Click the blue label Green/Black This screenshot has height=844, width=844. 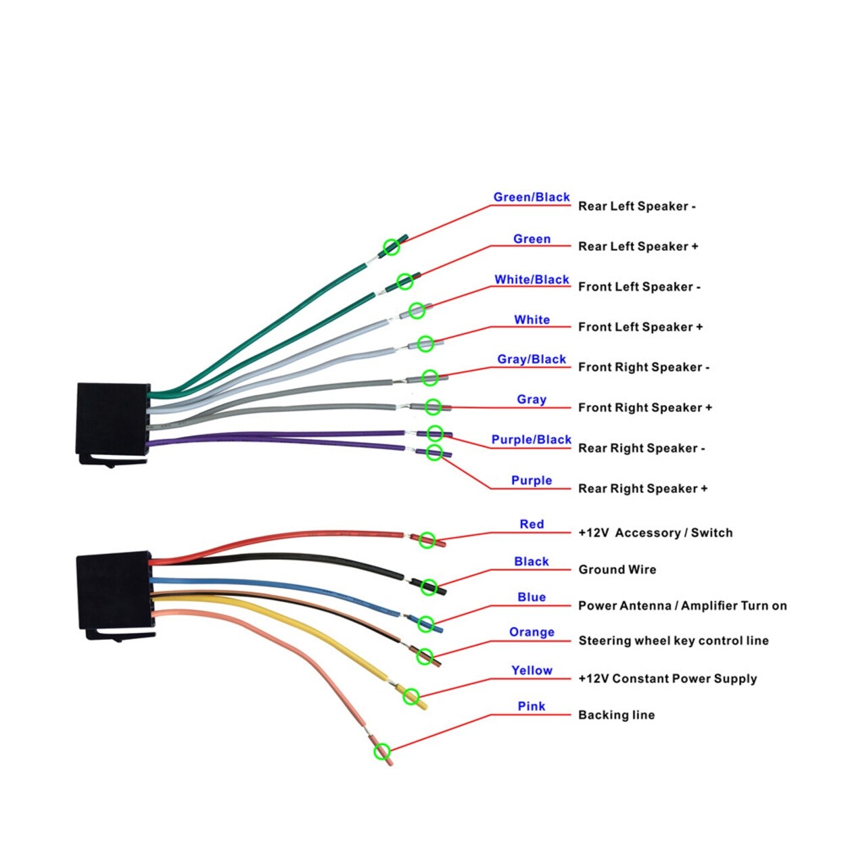click(x=532, y=197)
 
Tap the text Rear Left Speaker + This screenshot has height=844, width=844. click(x=638, y=246)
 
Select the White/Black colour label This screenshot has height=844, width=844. click(x=532, y=279)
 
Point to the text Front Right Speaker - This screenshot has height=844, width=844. click(x=643, y=367)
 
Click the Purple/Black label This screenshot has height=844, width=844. click(x=532, y=440)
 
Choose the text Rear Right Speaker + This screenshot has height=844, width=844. click(x=642, y=488)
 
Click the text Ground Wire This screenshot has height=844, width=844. click(x=617, y=569)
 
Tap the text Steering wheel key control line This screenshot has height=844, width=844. click(x=673, y=640)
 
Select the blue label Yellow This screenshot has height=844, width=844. click(x=532, y=671)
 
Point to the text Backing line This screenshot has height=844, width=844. click(x=616, y=715)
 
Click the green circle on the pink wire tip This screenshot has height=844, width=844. click(x=382, y=751)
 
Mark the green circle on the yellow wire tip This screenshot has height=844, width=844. click(x=411, y=697)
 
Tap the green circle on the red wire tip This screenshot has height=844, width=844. click(x=427, y=540)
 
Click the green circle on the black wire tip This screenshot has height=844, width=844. click(x=429, y=587)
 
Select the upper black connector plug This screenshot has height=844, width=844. click(x=113, y=424)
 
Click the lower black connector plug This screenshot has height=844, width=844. click(x=115, y=596)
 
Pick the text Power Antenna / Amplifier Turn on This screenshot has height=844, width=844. click(x=682, y=606)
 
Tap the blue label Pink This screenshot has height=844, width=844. click(x=532, y=706)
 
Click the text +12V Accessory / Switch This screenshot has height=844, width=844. click(x=655, y=533)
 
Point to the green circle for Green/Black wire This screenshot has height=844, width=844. click(x=392, y=247)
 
